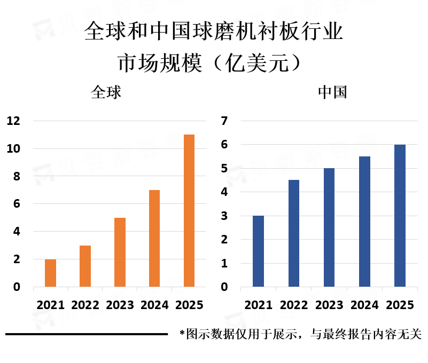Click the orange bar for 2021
50,273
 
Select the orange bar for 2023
120,252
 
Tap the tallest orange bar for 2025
189,211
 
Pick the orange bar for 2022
85,266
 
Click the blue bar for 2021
258,251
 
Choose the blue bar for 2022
294,233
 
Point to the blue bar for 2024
364,222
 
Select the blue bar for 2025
400,216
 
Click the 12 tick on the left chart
13,121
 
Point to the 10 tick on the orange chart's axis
13,149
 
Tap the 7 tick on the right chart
224,121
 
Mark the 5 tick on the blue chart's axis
224,169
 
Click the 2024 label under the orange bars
154,305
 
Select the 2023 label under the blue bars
329,305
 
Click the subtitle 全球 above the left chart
106,92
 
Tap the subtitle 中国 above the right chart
332,92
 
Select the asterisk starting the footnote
182,334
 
